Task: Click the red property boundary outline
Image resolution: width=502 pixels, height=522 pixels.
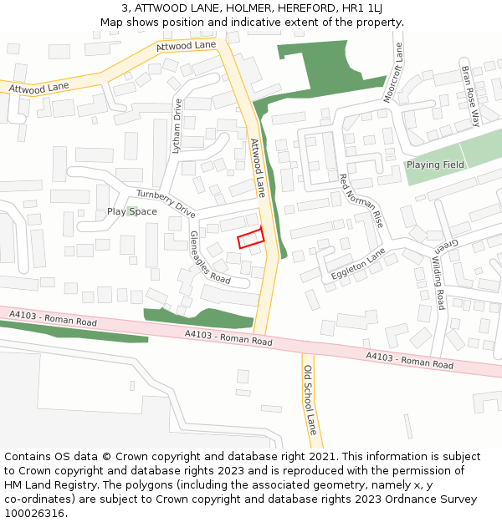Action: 250,238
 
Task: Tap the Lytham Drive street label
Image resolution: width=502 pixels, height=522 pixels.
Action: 177,124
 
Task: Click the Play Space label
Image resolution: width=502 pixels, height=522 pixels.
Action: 131,211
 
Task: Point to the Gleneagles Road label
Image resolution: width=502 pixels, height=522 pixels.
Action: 209,257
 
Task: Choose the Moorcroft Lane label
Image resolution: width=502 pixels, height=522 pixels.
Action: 393,73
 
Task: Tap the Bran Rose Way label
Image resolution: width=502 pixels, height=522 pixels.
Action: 471,96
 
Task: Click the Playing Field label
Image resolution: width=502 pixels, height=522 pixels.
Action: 435,165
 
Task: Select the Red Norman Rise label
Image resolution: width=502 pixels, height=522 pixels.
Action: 361,201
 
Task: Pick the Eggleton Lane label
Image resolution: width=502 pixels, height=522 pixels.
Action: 357,263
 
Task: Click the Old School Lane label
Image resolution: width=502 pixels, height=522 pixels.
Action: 310,400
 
